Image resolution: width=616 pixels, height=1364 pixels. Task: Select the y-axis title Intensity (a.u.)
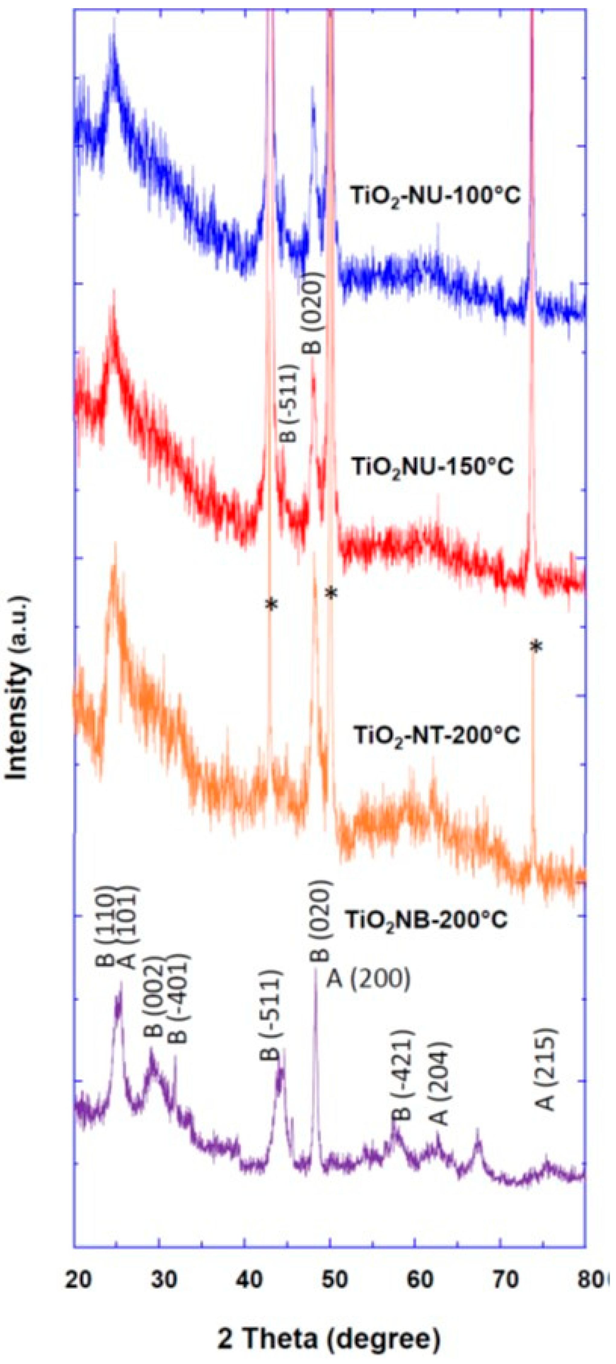18,689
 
